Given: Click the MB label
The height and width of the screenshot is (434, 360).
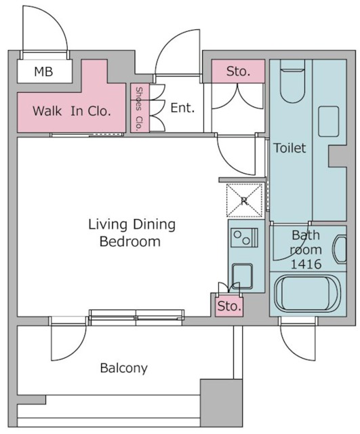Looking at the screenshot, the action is click(x=43, y=71).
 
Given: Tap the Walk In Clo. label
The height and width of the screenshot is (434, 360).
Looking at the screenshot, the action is click(x=72, y=111).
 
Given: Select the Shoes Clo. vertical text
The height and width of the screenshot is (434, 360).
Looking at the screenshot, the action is click(x=139, y=108).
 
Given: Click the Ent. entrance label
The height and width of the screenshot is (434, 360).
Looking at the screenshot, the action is click(x=182, y=108).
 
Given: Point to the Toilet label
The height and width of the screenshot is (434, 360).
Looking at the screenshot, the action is click(x=289, y=148).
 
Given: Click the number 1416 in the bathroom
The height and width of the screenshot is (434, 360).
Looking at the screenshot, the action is click(x=306, y=264).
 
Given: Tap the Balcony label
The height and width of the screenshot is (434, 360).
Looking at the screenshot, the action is click(x=123, y=368).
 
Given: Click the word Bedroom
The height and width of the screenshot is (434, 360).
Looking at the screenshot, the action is click(x=130, y=241).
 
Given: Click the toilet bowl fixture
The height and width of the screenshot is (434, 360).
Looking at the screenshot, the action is click(x=292, y=83).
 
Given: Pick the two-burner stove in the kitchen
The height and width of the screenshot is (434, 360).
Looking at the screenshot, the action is click(x=244, y=237).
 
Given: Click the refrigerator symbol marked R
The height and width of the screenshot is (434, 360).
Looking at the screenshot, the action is click(x=244, y=201).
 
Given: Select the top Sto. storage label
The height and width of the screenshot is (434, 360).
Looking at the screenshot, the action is click(x=238, y=71).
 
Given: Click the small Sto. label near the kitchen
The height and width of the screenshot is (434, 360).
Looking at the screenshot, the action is click(x=229, y=307).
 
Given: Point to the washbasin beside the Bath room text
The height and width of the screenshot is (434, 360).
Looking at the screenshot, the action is click(x=340, y=249).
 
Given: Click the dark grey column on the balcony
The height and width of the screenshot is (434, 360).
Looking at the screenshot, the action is click(x=221, y=403).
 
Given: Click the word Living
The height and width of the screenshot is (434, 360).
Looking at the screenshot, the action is click(x=108, y=224).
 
